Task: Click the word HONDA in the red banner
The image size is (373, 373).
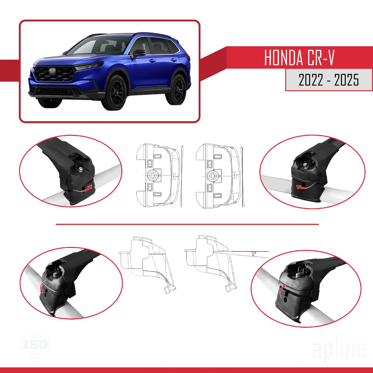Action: (283, 58)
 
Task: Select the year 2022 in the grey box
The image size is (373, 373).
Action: (311, 80)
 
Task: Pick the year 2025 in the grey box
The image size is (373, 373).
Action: (346, 80)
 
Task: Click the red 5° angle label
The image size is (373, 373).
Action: (254, 254)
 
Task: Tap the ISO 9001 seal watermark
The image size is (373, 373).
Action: (35, 345)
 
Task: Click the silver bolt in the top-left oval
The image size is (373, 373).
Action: (81, 169)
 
